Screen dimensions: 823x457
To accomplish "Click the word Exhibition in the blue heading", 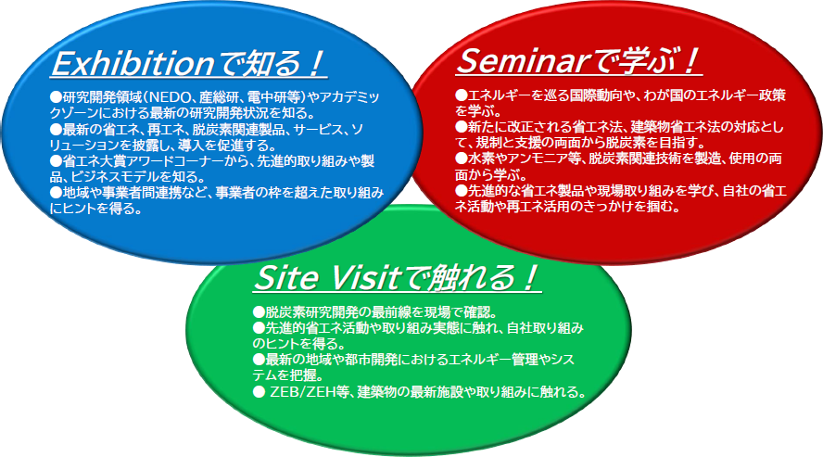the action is coord(133,64).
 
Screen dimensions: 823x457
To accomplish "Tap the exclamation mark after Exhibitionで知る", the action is coord(315,64).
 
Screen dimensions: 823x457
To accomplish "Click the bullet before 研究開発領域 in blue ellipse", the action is coord(56,97).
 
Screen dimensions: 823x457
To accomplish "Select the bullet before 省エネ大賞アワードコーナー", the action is coord(56,160).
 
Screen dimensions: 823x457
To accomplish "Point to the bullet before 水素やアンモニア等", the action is coord(461,159).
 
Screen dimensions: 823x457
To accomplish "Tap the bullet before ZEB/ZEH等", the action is coord(259,392).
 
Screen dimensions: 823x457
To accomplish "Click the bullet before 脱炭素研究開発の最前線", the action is coord(259,312).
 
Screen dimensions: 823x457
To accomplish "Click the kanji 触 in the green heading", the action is coord(444,277).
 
